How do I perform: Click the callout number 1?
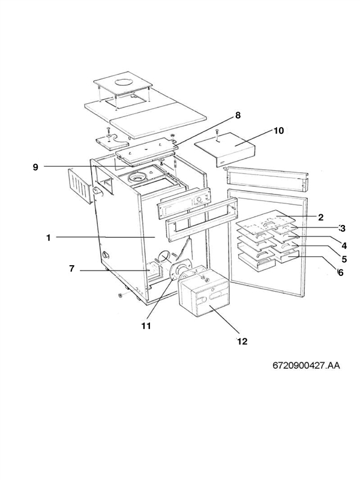pos(48,238)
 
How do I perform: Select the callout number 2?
pos(321,217)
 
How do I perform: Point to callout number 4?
pos(344,244)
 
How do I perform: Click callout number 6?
pos(340,272)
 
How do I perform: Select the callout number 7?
pos(71,269)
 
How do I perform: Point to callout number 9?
pos(35,167)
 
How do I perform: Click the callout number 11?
pos(145,326)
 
